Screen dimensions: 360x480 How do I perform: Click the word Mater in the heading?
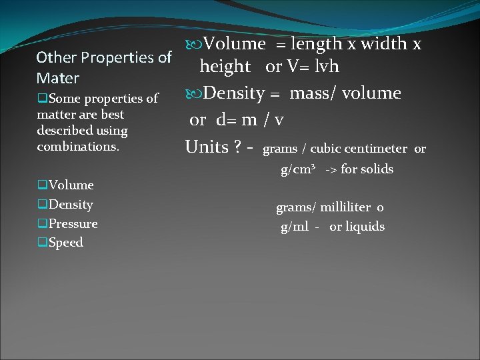(58, 78)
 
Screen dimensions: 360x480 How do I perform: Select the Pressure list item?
(73, 224)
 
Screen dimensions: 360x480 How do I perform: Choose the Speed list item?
(65, 243)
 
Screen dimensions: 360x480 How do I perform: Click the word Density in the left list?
(71, 205)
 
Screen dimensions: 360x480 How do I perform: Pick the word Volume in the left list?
(71, 185)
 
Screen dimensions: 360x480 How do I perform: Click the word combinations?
(78, 146)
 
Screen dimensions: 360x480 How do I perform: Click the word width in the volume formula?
(383, 44)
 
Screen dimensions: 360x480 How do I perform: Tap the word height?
(225, 67)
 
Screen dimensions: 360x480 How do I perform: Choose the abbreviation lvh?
(326, 67)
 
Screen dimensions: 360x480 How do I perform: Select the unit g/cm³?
(297, 169)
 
